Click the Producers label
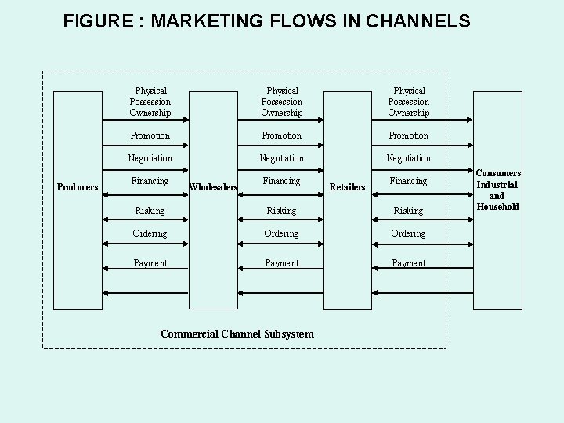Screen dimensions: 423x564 click(78, 186)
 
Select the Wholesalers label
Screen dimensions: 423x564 click(213, 187)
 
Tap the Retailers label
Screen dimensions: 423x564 click(348, 187)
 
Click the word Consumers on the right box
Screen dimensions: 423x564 click(497, 174)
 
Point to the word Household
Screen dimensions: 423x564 click(497, 207)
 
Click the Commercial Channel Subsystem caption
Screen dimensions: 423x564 click(237, 334)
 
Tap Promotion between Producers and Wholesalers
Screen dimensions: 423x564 click(150, 136)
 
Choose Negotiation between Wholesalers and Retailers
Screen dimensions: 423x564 click(281, 158)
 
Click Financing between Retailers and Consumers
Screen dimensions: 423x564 click(409, 181)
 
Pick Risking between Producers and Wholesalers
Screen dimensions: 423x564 click(150, 211)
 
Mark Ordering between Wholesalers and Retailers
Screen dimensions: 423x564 click(281, 233)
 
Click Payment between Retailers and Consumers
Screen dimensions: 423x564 click(409, 264)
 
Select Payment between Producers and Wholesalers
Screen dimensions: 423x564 click(150, 263)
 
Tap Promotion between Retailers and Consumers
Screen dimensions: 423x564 click(409, 136)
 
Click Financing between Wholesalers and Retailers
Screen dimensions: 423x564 click(281, 181)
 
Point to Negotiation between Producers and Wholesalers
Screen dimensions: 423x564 click(150, 158)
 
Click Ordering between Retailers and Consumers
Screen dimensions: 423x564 click(409, 233)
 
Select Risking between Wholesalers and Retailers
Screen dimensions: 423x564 click(281, 211)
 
